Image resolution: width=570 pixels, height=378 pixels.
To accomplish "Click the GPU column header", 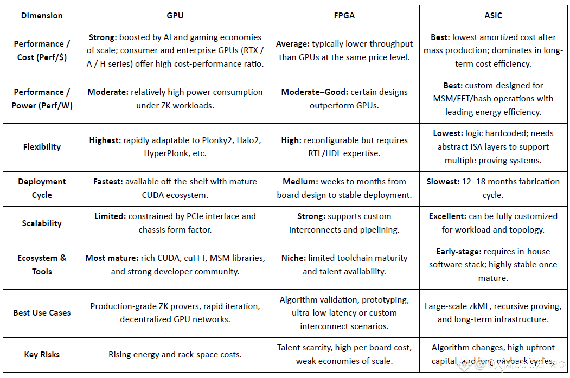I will pos(175,16).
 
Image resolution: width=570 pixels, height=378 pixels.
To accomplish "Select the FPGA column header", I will pos(344,16).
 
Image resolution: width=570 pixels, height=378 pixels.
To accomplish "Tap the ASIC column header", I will pos(493,16).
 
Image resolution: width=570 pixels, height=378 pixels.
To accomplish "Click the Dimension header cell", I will pos(42,16).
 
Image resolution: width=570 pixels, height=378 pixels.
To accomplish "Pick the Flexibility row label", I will pos(42,147).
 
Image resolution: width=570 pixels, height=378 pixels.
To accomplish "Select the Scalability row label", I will pos(42,223).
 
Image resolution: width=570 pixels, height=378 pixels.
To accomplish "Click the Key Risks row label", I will pos(42,355).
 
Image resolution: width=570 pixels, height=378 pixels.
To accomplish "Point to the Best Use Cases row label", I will pos(42,313).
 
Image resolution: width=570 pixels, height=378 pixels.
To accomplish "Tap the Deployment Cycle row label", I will pos(42,188).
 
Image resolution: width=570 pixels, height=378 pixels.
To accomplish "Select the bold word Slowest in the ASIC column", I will pos(443,182).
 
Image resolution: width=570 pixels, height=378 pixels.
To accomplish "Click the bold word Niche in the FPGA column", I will pos(293,258).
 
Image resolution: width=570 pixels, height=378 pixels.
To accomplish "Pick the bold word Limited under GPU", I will pos(110,216).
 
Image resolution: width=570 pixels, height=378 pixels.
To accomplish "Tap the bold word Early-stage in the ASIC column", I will pos(458,252).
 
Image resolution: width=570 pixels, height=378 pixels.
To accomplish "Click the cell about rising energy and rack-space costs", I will pos(175,355).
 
